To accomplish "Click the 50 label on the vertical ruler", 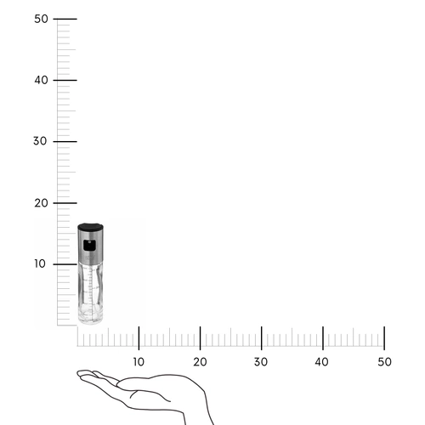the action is point(41,19).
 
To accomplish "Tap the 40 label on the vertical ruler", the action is point(41,80).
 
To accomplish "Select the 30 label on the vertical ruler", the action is point(40,141).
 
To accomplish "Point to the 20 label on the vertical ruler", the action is point(41,203).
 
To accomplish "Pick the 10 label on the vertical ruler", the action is point(40,263).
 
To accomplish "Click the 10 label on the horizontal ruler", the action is point(139,362).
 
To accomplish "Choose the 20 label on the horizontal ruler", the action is point(200,362).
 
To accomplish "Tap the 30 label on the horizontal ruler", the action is point(261,362).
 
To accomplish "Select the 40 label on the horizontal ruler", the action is point(321,362).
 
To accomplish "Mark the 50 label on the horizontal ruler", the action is point(384,362).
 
